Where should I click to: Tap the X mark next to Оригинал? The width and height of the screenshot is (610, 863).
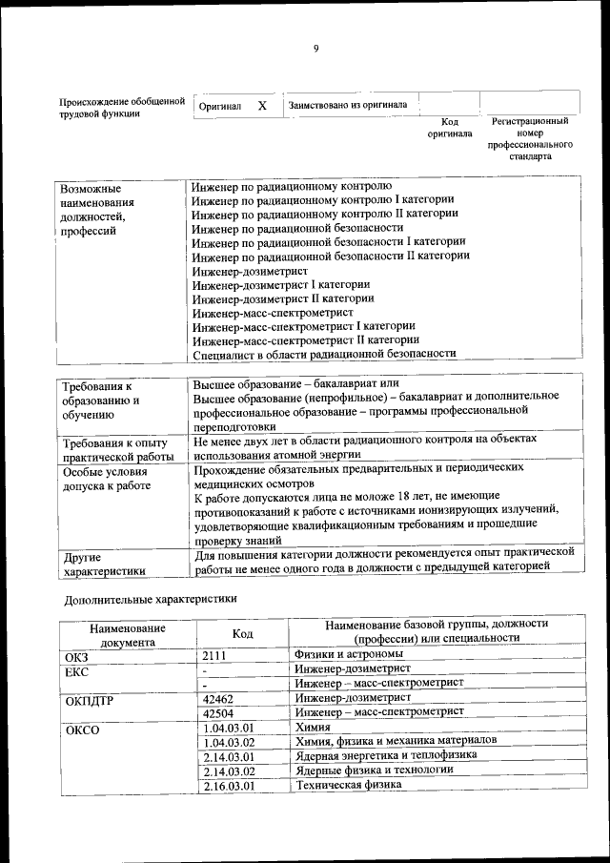pyautogui.click(x=262, y=106)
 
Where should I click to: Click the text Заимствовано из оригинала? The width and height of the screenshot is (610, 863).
pyautogui.click(x=348, y=106)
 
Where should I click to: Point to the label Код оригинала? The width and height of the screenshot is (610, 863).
pyautogui.click(x=450, y=128)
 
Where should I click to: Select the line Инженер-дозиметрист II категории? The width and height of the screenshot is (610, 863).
pyautogui.click(x=282, y=298)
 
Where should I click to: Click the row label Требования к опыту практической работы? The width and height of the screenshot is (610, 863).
pyautogui.click(x=114, y=450)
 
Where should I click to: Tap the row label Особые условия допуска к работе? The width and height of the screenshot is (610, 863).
pyautogui.click(x=107, y=479)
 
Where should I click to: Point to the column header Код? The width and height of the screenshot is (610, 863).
pyautogui.click(x=242, y=634)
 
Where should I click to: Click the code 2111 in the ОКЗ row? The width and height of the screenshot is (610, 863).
pyautogui.click(x=217, y=655)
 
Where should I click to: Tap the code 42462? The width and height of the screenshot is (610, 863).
pyautogui.click(x=220, y=698)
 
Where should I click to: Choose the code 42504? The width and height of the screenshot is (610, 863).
pyautogui.click(x=220, y=712)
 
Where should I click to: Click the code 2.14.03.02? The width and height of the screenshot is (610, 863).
pyautogui.click(x=229, y=771)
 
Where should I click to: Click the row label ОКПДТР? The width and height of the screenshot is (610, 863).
pyautogui.click(x=89, y=700)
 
